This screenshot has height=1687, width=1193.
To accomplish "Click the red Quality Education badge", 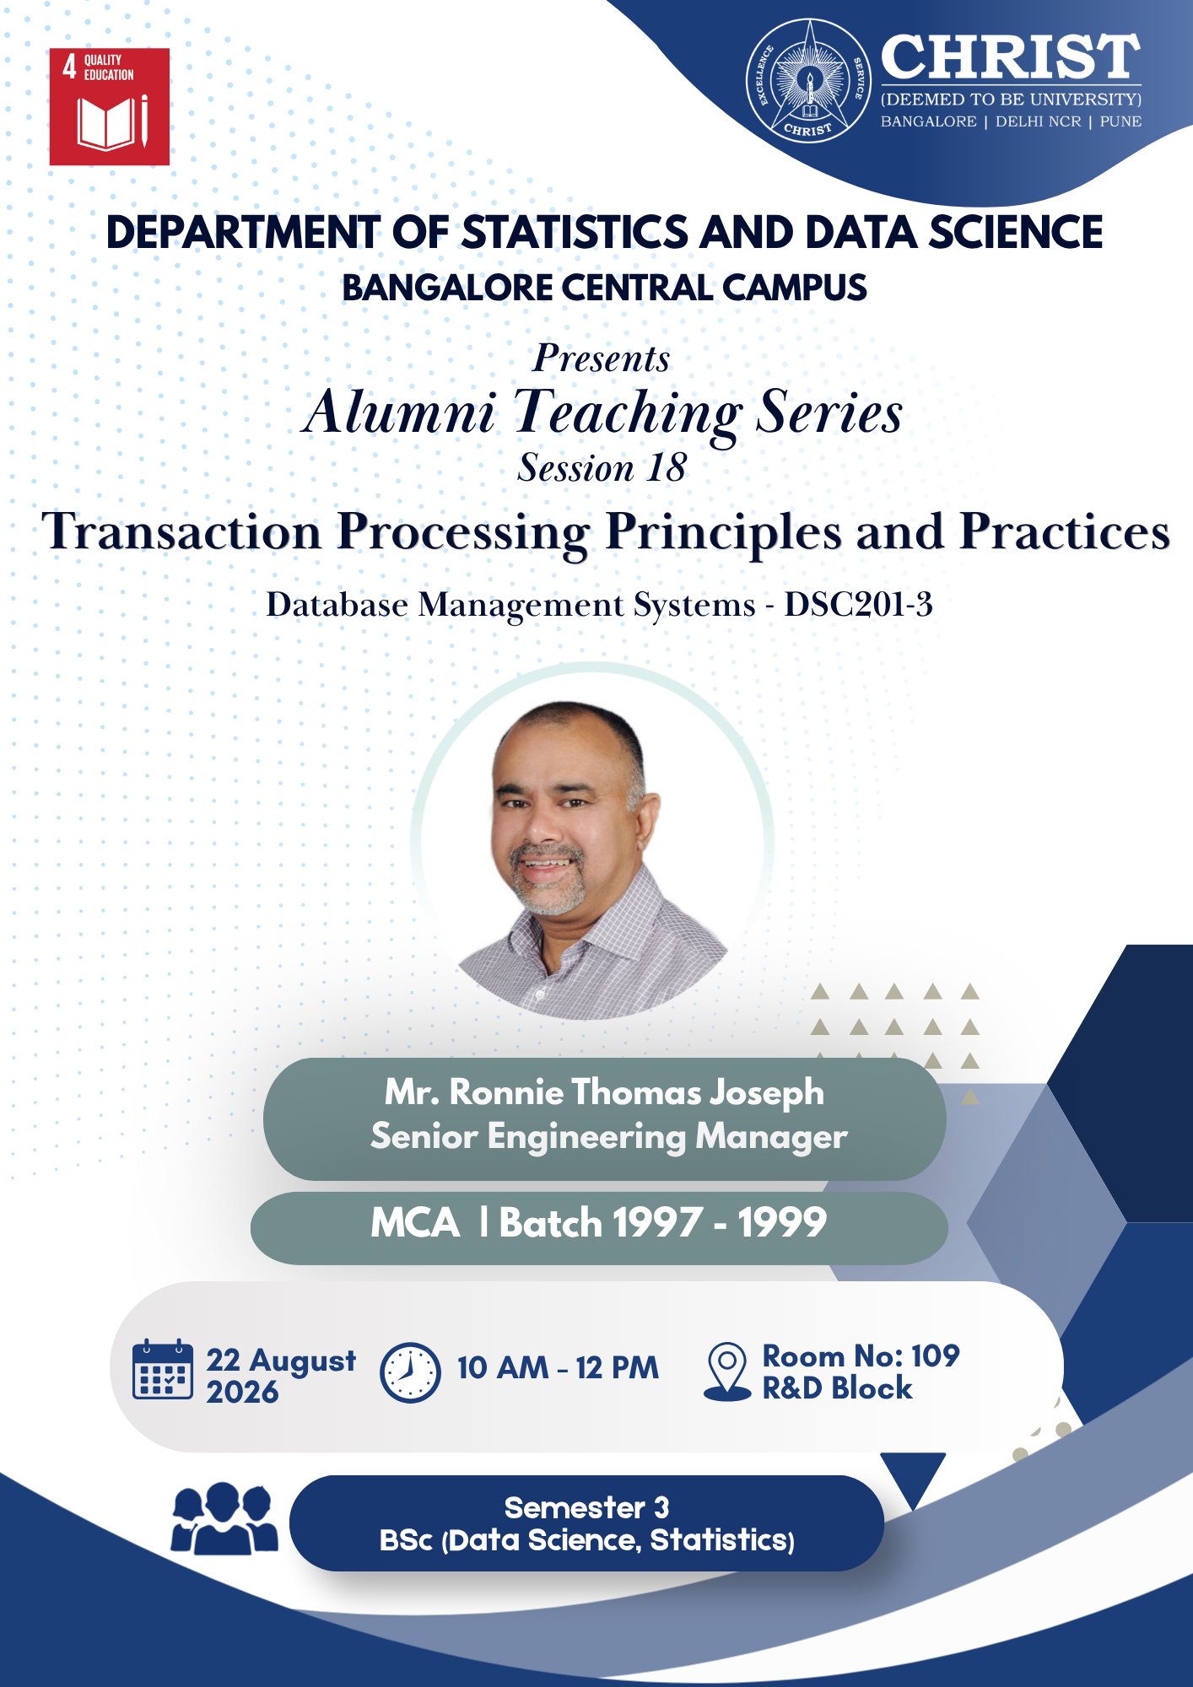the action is [x=110, y=106].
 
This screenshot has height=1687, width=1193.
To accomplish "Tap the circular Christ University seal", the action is [x=808, y=81].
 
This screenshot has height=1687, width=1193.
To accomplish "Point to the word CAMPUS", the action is [x=794, y=288].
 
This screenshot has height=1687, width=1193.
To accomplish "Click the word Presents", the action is [x=602, y=358].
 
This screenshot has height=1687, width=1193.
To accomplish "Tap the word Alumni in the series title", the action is [x=400, y=412].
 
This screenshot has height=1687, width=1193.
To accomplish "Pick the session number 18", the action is [x=666, y=467].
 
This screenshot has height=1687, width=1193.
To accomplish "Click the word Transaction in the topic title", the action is [x=182, y=532].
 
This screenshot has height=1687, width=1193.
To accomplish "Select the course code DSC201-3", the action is [x=859, y=605].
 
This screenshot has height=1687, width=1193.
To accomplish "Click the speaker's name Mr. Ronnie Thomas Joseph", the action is [x=604, y=1092].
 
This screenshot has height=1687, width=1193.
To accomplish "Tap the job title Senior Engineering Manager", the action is [x=609, y=1137].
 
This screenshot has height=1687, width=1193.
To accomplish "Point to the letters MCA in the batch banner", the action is [x=415, y=1223].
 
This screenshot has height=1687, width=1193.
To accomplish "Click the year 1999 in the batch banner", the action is [x=782, y=1223].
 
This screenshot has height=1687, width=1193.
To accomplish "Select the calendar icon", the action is [x=162, y=1369].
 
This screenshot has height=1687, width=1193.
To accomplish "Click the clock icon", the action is [x=410, y=1372].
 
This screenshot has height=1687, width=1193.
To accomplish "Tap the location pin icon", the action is [x=726, y=1372].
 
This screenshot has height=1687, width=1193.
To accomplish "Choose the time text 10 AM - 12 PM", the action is [x=558, y=1368].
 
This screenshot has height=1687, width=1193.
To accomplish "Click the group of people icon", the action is [x=224, y=1518].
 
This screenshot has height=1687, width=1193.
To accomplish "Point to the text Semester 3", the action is [x=586, y=1507].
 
